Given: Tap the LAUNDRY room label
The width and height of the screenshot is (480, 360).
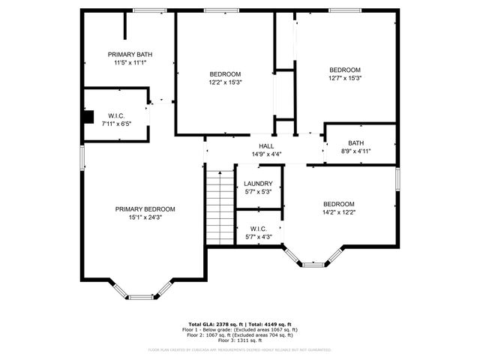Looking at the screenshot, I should [x=258, y=183].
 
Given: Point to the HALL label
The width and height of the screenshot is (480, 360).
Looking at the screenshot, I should [x=266, y=146].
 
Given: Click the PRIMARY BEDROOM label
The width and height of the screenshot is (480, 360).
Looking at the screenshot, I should [x=145, y=209].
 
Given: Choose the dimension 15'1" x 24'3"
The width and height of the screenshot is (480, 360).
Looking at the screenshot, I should [x=145, y=217].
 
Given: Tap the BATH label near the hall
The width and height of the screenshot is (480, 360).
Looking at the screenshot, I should [x=356, y=143].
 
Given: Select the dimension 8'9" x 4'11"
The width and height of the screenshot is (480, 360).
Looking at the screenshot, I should [x=356, y=151].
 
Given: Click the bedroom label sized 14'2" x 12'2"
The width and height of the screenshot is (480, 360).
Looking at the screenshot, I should [x=339, y=204].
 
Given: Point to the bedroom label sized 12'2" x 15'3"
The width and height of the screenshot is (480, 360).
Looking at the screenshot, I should [x=225, y=73].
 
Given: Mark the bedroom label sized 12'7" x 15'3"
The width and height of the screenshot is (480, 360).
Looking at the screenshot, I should [x=345, y=70].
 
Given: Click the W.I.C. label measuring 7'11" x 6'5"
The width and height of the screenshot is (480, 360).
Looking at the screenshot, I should [x=116, y=115].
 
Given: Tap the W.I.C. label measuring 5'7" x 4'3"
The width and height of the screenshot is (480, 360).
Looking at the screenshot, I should [x=258, y=229].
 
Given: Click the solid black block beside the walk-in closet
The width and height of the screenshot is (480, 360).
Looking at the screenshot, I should [x=88, y=116].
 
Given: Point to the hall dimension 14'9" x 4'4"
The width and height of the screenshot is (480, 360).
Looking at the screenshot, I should [x=266, y=154].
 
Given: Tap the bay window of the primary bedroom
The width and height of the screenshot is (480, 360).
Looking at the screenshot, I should [x=141, y=296].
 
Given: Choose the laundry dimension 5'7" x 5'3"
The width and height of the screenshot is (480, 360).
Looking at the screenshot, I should [x=258, y=191].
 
